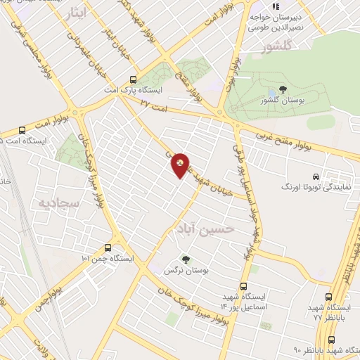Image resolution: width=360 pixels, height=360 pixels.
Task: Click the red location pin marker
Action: [x=181, y=166]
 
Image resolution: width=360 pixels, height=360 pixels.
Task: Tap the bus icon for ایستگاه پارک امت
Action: [x=134, y=80]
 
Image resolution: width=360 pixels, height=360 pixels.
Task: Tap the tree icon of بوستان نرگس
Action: [x=186, y=259]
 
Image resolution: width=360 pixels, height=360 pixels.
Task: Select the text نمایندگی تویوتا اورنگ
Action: [x=310, y=188]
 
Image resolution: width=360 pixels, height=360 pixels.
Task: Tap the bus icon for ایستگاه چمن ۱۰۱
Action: [x=108, y=247]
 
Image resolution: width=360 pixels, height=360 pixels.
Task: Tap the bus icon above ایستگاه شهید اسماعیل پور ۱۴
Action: [x=243, y=286]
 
